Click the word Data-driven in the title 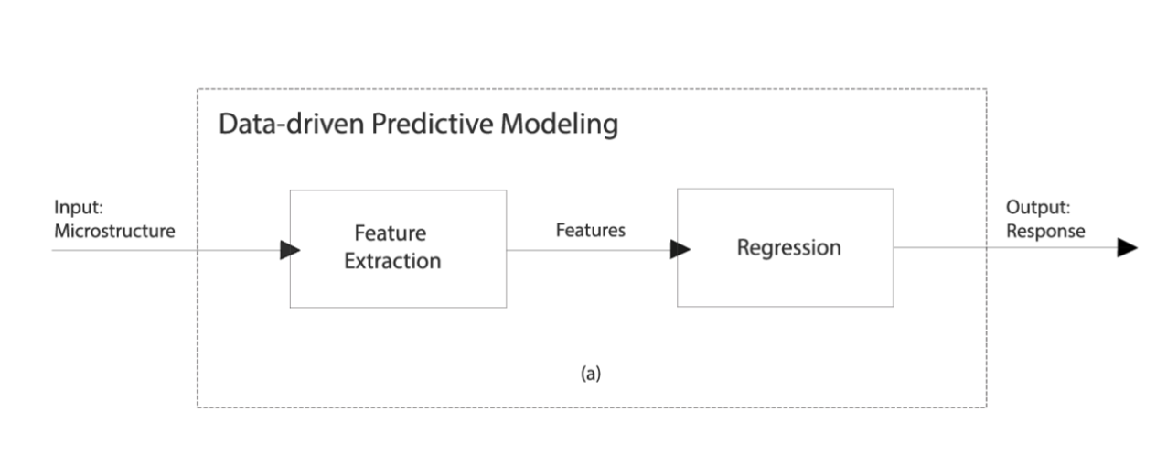(291, 124)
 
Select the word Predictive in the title (432, 124)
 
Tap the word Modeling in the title (559, 125)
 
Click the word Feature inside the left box (391, 233)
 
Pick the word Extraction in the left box (392, 260)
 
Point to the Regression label (788, 248)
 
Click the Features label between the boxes (590, 230)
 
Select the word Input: (79, 207)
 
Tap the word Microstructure (114, 231)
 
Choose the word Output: (1038, 207)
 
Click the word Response (1045, 231)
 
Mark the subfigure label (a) (591, 374)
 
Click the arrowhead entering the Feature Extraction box (290, 250)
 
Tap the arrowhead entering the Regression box (680, 249)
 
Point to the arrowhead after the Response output (1128, 248)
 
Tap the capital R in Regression (744, 248)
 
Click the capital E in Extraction (349, 261)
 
